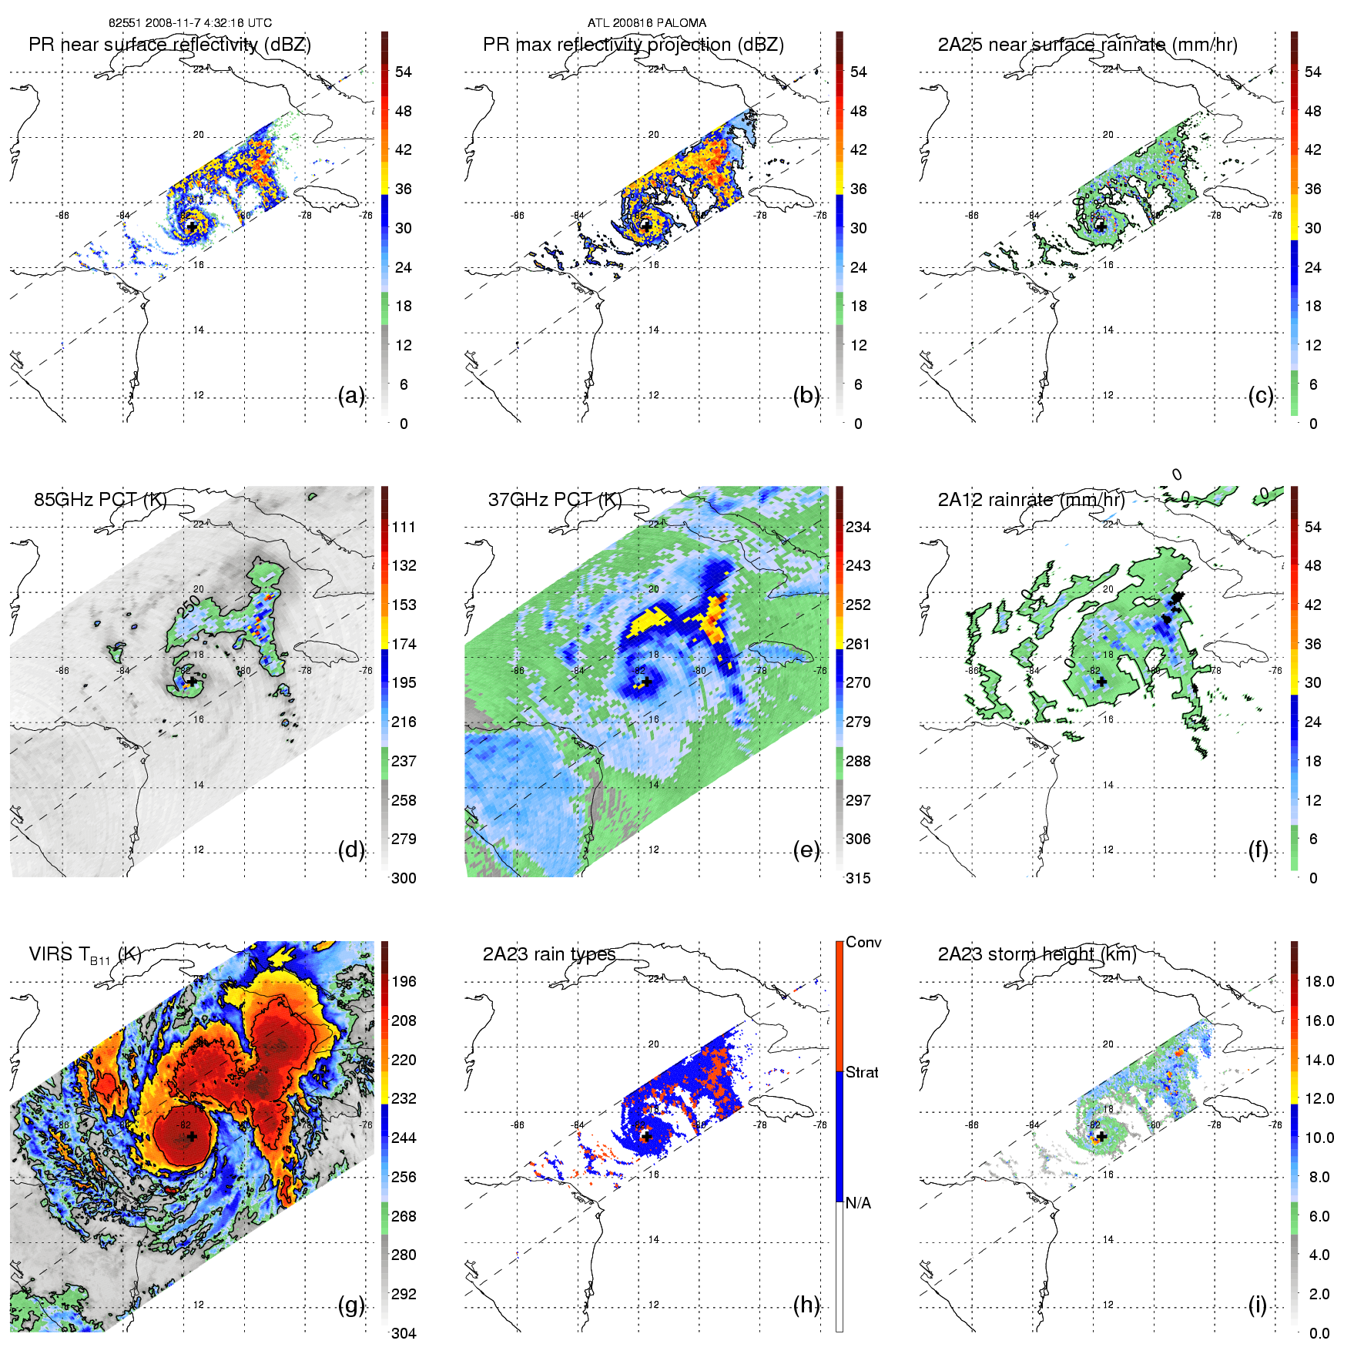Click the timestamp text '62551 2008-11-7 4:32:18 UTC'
coord(189,23)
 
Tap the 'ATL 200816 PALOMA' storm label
coord(646,23)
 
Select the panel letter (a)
coord(351,396)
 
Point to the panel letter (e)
coord(806,850)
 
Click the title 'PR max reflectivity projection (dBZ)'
coord(633,45)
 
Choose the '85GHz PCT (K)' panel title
coord(100,500)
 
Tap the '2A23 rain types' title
coord(549,954)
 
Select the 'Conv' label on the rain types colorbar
coord(863,942)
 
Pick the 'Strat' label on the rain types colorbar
coord(862,1072)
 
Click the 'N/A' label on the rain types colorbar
coord(858,1203)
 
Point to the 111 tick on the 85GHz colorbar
coord(404,527)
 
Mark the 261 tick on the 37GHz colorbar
coord(858,644)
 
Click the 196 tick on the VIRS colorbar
coord(404,981)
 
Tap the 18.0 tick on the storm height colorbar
coord(1319,981)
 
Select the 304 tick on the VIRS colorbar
coord(404,1333)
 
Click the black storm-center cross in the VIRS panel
coord(192,1137)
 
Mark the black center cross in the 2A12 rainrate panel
coord(1102,682)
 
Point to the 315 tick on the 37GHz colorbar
coord(858,878)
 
